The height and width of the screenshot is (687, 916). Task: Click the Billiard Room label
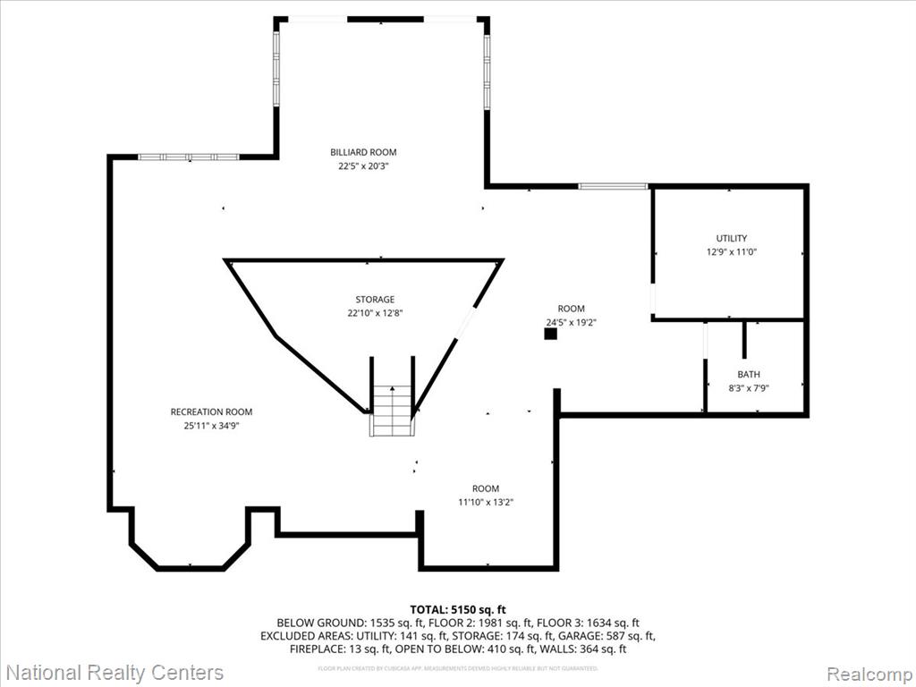point(363,152)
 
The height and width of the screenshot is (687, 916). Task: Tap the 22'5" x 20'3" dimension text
point(363,165)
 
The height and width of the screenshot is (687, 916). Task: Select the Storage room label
point(374,300)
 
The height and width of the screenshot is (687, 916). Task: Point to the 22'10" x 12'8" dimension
point(374,313)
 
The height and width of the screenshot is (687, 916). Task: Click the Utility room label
point(731,239)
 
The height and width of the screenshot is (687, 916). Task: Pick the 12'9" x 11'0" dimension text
point(731,252)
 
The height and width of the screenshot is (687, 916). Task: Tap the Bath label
point(749,375)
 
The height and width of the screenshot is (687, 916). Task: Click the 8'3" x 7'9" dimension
point(749,388)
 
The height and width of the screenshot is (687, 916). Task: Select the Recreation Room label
point(211,411)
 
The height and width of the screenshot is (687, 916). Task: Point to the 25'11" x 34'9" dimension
point(211,426)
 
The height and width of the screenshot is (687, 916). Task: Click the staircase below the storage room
point(393,411)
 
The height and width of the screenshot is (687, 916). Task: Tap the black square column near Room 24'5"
point(551,334)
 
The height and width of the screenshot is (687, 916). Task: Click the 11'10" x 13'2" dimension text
point(486,502)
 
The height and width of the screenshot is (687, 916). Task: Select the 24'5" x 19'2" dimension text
point(571,322)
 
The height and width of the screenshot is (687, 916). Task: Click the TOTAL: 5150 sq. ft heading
point(457,608)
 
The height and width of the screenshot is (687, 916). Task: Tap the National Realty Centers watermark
point(114,673)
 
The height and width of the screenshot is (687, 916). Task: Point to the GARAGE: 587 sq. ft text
point(613,636)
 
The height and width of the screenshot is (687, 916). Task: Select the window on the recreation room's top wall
point(189,157)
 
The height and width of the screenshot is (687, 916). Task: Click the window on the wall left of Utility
point(613,186)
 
